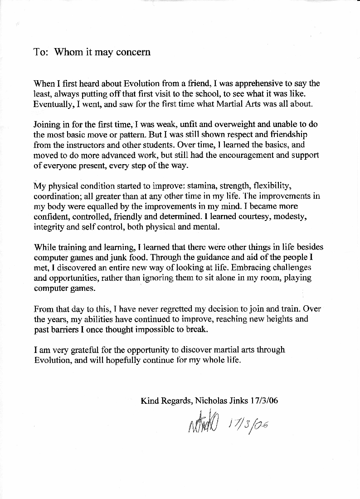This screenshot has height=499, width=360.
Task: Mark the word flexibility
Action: [x=267, y=186]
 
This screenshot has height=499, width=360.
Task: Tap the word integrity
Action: [x=50, y=227]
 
